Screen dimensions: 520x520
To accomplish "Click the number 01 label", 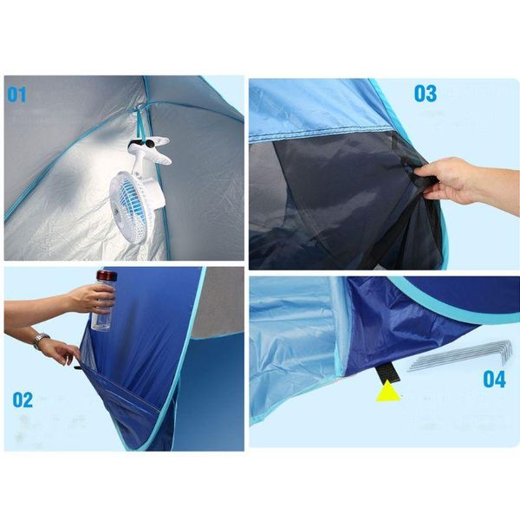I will pyautogui.click(x=17, y=94).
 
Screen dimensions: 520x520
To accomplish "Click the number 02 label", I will pyautogui.click(x=23, y=400).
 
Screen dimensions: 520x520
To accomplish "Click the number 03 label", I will pyautogui.click(x=425, y=93).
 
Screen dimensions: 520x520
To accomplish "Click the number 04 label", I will pyautogui.click(x=493, y=378).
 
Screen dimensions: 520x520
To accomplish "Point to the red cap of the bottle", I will pyautogui.click(x=106, y=276).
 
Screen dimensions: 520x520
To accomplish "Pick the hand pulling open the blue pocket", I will pyautogui.click(x=61, y=351).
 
